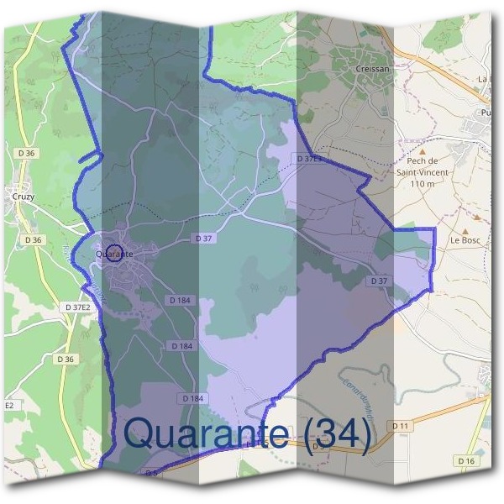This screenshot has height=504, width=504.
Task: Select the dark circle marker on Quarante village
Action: click(x=115, y=252)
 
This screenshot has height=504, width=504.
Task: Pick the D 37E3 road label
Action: click(x=308, y=158)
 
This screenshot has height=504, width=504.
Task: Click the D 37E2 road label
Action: click(x=76, y=307)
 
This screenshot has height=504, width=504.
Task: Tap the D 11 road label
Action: click(x=401, y=427)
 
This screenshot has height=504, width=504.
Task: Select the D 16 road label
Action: click(x=467, y=460)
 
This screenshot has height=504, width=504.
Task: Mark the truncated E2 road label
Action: click(x=9, y=405)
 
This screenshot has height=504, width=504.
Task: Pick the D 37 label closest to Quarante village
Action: click(x=203, y=239)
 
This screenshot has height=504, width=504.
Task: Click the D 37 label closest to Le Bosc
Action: click(x=379, y=281)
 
